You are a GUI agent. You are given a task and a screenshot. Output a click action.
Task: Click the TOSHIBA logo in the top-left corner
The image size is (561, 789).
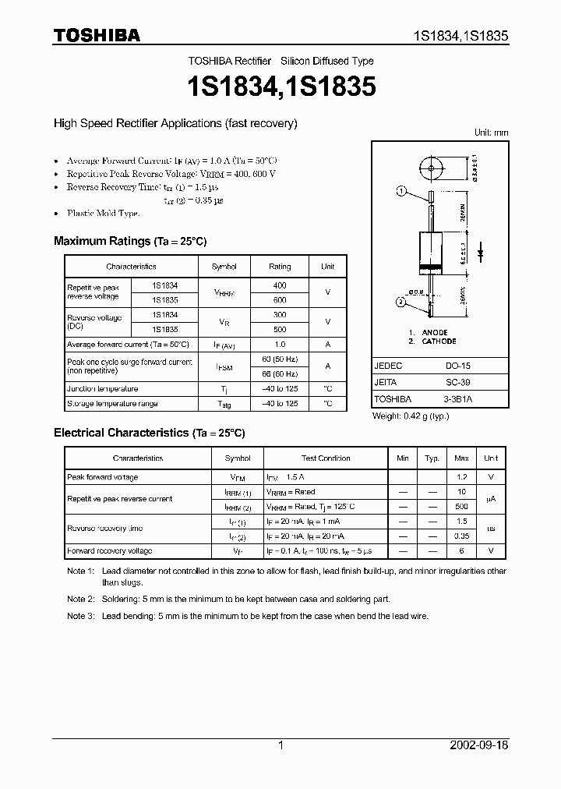coord(96,35)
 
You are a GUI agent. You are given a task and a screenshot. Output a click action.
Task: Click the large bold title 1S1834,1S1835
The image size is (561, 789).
coord(280,87)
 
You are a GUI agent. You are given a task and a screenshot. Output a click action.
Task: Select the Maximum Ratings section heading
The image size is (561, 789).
coord(129,241)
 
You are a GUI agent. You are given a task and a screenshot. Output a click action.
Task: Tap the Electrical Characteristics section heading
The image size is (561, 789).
coord(149,432)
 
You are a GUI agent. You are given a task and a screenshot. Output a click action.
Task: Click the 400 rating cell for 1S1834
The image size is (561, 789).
coord(280,285)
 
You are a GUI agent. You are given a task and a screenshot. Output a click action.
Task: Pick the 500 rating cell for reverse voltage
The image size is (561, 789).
coord(280,329)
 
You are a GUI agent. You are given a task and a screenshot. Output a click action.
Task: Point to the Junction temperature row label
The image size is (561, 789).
coord(103,389)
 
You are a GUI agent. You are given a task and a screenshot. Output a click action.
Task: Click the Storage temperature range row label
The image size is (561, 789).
coord(112,404)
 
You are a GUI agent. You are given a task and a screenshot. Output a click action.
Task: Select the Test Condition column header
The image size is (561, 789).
coord(326,458)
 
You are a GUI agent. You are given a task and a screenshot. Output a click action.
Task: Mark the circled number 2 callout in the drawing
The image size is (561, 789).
coord(401,302)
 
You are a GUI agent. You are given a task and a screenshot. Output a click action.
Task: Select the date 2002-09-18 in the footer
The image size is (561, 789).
coord(479,745)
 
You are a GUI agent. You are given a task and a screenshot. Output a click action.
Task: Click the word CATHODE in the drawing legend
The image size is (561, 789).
coord(439,341)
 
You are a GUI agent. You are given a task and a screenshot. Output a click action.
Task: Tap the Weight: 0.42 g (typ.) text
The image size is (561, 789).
coord(411,416)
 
